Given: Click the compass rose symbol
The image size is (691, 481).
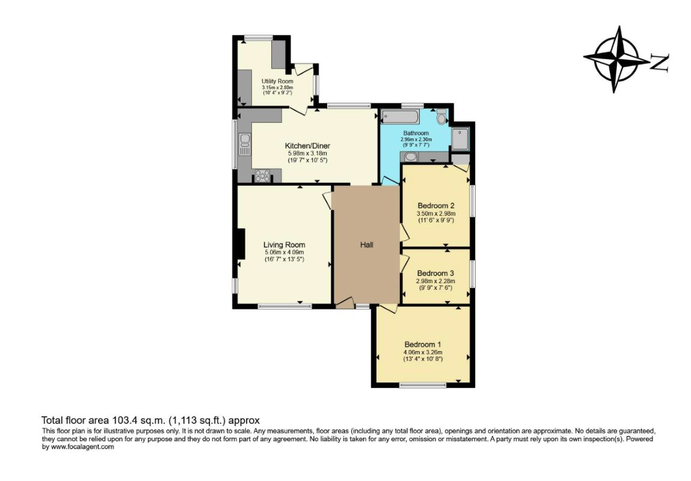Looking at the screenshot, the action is [x=616, y=59].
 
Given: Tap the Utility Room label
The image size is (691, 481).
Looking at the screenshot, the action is [x=277, y=82].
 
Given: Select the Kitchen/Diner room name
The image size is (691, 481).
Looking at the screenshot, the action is [x=307, y=146].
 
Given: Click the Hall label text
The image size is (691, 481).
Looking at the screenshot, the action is [x=367, y=245].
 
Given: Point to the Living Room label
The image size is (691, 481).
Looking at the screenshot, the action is [x=284, y=245].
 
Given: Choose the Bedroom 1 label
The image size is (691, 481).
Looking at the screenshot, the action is [x=423, y=345].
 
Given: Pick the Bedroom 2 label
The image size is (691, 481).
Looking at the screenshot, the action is [x=436, y=206].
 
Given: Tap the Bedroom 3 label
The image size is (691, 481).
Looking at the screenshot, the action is [x=435, y=274].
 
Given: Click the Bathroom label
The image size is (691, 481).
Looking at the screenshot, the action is [x=416, y=133].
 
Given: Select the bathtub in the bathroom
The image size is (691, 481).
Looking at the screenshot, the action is [x=400, y=117].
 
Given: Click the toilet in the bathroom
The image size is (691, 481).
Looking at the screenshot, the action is [x=442, y=117].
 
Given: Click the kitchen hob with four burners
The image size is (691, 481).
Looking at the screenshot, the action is [x=263, y=176].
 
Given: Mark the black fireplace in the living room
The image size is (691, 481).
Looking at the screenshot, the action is [x=241, y=244].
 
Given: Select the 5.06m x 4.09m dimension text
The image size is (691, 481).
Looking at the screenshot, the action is [x=284, y=253].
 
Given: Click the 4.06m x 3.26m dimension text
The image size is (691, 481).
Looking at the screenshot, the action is [x=423, y=352].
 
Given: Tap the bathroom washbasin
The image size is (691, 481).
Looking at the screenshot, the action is [x=410, y=157].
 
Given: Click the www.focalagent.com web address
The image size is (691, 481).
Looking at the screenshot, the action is [x=82, y=447].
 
